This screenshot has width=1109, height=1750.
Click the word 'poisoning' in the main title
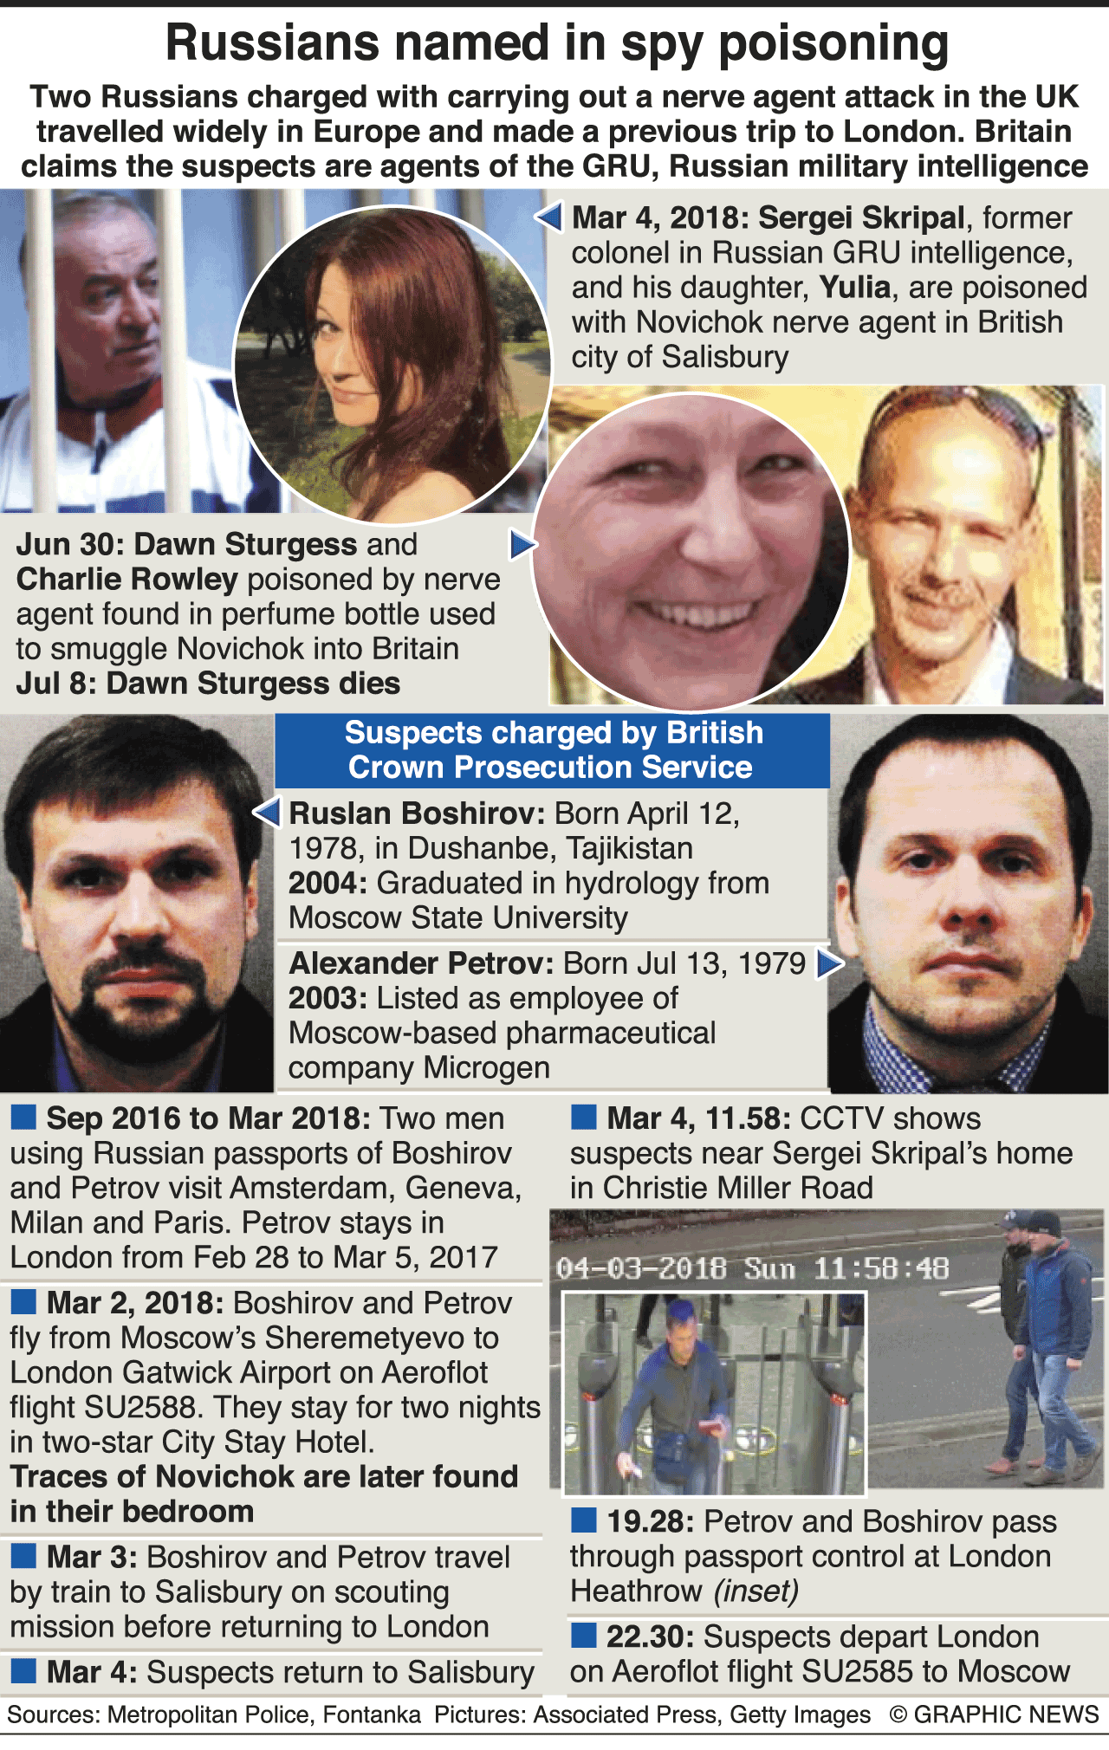[x=833, y=45]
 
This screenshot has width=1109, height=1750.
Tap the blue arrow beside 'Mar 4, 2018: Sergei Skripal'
[x=548, y=217]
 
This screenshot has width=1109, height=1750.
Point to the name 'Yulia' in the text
[x=855, y=288]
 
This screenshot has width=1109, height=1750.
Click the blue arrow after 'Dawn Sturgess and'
[x=522, y=545]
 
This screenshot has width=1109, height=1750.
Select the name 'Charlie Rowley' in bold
[x=126, y=580]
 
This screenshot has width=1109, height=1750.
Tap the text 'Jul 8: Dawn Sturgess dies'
[x=208, y=684]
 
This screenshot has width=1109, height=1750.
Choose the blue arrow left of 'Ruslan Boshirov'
[x=267, y=813]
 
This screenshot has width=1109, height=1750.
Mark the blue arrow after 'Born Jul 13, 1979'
[x=830, y=963]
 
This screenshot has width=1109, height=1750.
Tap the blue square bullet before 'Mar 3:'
[x=23, y=1557]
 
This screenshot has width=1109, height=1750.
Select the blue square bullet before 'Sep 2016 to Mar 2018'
[x=23, y=1118]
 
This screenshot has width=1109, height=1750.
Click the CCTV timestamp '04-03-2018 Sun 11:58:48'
[x=752, y=1269]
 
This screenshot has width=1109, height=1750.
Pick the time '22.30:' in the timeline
[x=649, y=1637]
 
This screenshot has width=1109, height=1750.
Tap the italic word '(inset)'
[x=756, y=1591]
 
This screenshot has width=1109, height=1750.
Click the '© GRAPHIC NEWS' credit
[x=994, y=1714]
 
